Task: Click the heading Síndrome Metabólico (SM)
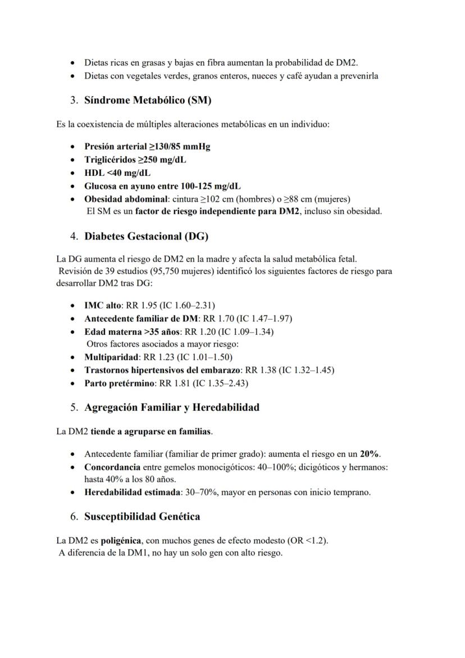tap(147, 101)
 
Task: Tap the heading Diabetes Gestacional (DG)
tap(146, 237)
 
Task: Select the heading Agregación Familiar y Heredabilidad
tap(172, 407)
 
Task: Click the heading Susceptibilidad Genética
tap(142, 516)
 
